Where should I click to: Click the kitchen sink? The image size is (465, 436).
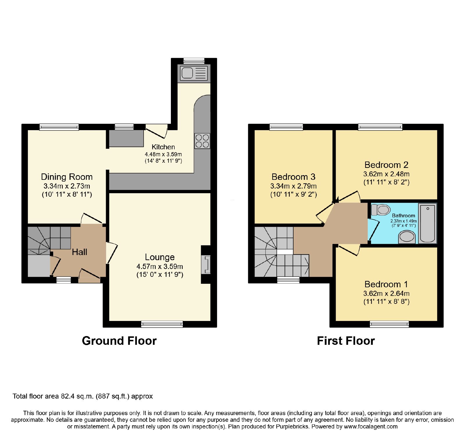194,73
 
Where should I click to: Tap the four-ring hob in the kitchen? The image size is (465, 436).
202,141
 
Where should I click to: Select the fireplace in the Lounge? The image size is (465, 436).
206,264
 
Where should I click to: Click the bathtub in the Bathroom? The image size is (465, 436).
428,223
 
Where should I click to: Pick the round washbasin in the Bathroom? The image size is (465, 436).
407,236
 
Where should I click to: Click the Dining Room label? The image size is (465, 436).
67,177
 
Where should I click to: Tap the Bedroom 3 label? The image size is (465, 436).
294,177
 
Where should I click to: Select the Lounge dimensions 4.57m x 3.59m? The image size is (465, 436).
160,266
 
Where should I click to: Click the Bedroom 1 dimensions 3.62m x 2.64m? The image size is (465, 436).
387,293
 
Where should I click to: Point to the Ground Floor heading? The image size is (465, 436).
119,341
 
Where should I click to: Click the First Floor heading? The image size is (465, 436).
346,341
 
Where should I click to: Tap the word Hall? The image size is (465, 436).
80,252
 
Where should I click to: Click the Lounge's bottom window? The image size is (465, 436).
162,324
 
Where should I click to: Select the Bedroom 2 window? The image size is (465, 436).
380,127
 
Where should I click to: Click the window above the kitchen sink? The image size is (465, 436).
194,61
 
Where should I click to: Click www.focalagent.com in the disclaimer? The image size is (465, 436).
371,426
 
